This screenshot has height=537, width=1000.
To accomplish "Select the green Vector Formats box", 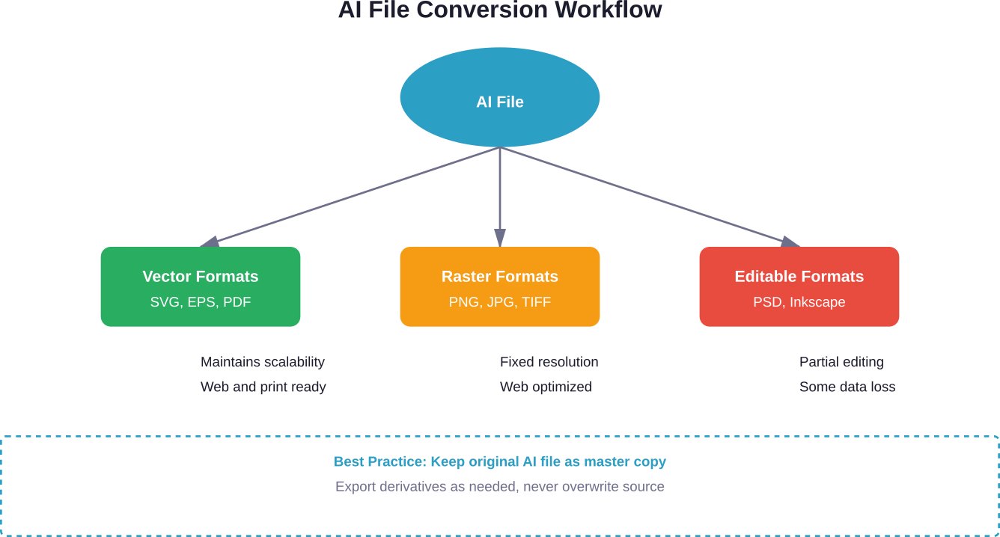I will tap(201, 287).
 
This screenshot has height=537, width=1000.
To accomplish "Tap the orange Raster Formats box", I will tap(500, 287).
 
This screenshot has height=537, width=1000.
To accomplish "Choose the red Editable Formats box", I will tap(799, 287).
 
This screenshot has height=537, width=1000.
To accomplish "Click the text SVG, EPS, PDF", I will tap(201, 302).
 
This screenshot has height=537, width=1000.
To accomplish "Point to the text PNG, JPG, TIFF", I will tap(500, 302).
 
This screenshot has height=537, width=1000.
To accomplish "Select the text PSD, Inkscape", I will tap(799, 302).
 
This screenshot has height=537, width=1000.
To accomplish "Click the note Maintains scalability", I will tap(263, 362).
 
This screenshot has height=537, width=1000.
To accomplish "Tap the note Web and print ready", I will tap(263, 387).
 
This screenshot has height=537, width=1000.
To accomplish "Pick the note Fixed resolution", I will tap(549, 362).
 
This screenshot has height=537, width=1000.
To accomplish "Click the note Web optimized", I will tap(546, 387).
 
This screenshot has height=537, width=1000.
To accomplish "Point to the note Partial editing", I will tap(841, 362).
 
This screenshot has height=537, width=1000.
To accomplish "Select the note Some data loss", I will tap(847, 387).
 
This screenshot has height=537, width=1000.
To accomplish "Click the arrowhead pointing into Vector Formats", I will tap(209, 242).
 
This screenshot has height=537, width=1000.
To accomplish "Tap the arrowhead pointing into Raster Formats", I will tap(500, 239).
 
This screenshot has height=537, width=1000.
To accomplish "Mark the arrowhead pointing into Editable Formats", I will tap(791, 242).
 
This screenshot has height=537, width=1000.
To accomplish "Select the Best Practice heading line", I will tap(500, 461).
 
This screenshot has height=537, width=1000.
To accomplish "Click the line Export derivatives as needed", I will tap(500, 486).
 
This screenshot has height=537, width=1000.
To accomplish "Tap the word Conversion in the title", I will tap(495, 10).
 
